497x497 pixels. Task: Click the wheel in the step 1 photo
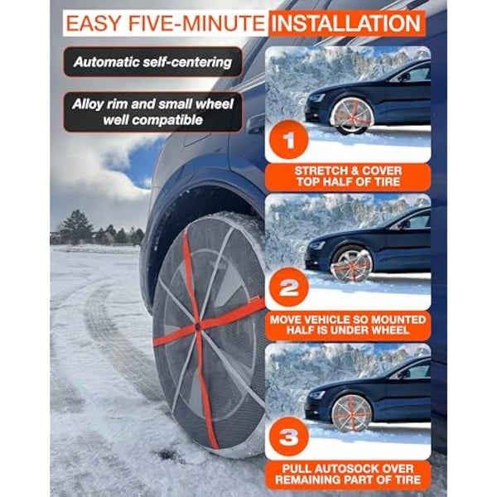point(351,115)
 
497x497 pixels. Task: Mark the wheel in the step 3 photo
point(353,412)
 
